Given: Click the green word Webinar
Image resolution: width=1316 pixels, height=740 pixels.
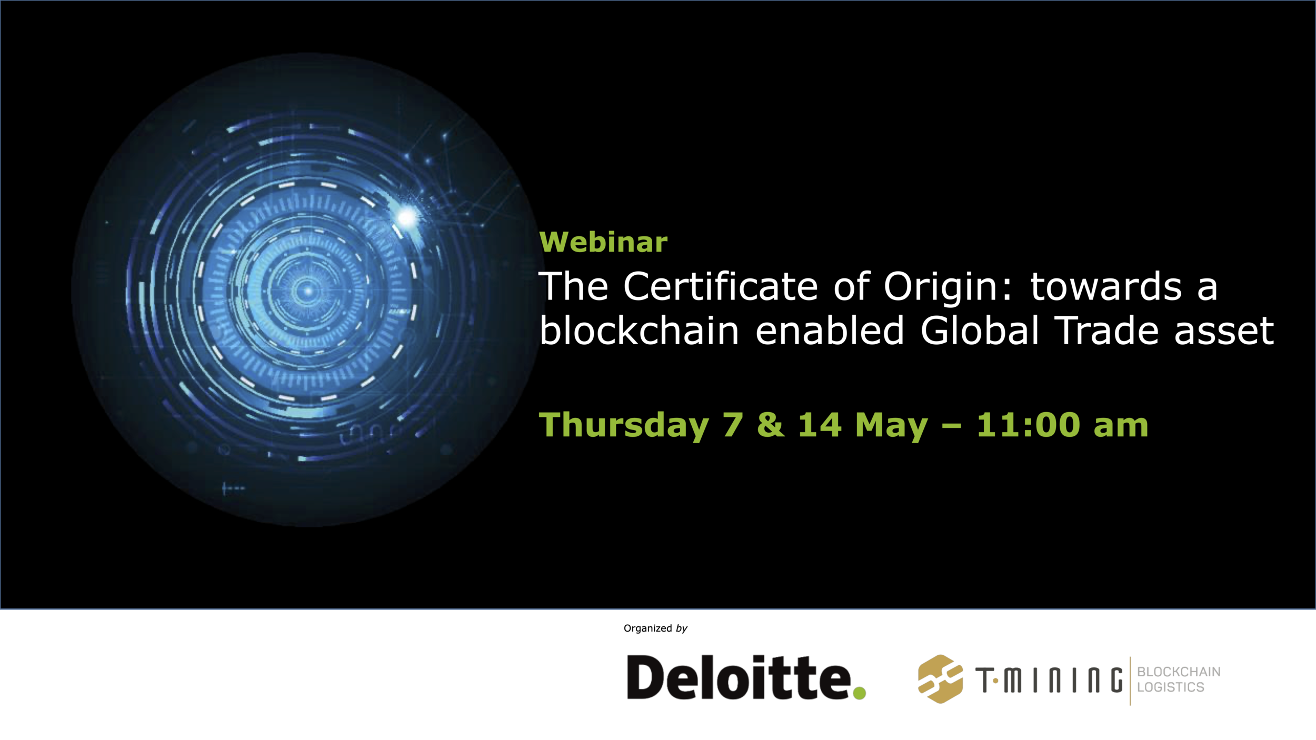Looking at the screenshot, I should (603, 242).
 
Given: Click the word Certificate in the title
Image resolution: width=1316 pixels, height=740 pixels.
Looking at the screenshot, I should (720, 286).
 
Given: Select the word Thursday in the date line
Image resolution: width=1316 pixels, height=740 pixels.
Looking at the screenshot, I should (624, 425).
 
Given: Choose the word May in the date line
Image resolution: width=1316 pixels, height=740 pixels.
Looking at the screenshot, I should (891, 425).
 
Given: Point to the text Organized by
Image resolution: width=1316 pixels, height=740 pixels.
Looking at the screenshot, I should (655, 628).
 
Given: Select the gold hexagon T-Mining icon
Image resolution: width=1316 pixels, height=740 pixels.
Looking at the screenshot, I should (940, 679).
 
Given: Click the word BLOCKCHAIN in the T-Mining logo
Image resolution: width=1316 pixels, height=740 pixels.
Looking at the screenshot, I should (1179, 672).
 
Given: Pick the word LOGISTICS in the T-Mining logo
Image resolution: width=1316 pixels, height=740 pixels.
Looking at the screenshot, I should (1170, 687).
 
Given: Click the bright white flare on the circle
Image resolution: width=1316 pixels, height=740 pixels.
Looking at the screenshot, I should (406, 217).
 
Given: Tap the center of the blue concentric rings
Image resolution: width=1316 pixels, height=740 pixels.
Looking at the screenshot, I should (308, 290).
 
